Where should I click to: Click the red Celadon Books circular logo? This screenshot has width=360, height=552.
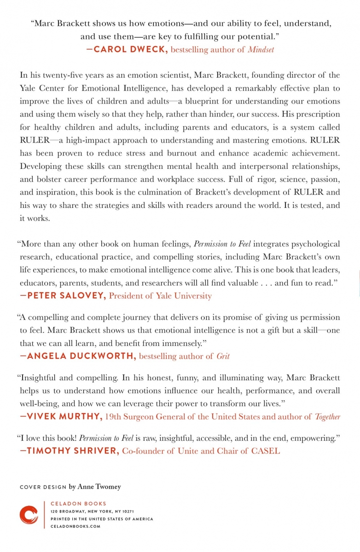coord(29,515)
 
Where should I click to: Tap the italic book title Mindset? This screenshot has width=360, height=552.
coord(261,50)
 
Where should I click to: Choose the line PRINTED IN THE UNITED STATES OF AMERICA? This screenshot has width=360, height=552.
coord(102,518)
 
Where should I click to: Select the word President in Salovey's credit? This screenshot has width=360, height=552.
coord(128,296)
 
